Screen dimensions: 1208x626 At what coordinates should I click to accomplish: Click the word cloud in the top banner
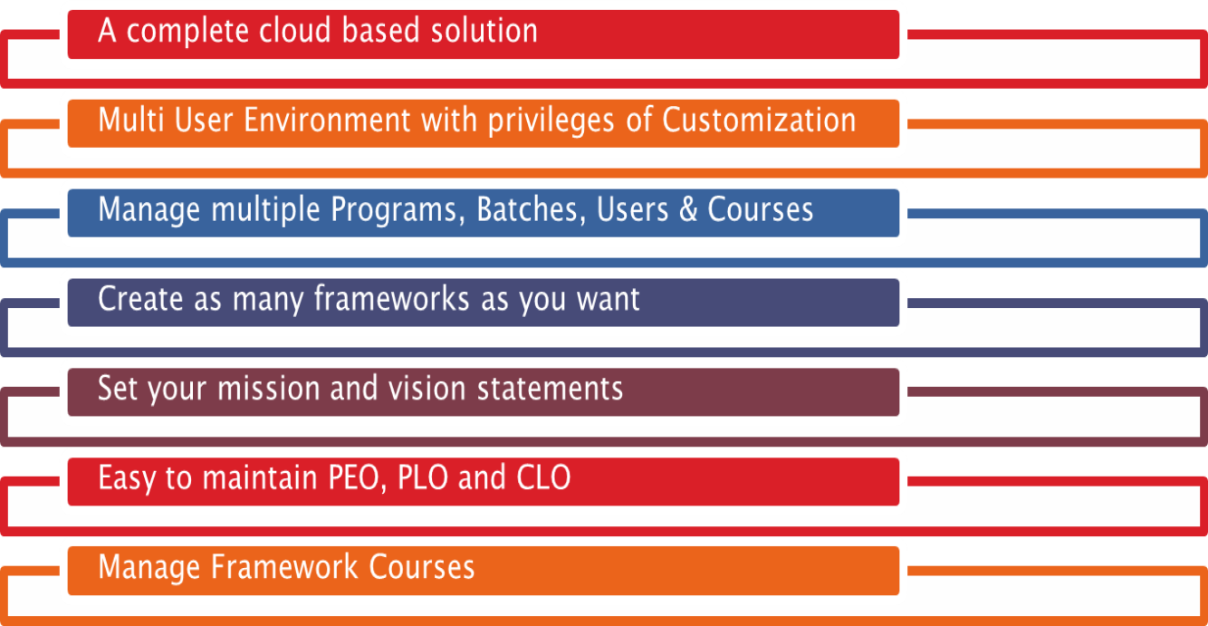[294, 30]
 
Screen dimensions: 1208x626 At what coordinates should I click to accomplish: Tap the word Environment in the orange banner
[327, 120]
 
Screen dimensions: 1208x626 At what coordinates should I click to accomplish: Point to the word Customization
[759, 120]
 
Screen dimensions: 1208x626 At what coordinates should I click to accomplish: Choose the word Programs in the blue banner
[398, 210]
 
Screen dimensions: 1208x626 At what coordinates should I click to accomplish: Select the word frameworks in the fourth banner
[391, 299]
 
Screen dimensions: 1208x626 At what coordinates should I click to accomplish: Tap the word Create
[140, 299]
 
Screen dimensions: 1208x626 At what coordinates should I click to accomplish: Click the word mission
[269, 389]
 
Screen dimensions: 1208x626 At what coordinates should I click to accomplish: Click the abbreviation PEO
[357, 479]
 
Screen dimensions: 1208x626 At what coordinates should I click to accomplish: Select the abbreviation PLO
[422, 478]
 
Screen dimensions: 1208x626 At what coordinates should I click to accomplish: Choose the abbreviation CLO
[543, 478]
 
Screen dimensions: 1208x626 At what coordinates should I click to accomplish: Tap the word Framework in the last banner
[283, 568]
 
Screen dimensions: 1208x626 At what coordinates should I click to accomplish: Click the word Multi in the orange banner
[131, 120]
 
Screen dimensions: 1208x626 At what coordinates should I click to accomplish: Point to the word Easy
[126, 479]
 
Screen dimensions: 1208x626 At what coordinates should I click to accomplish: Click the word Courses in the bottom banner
[422, 568]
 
